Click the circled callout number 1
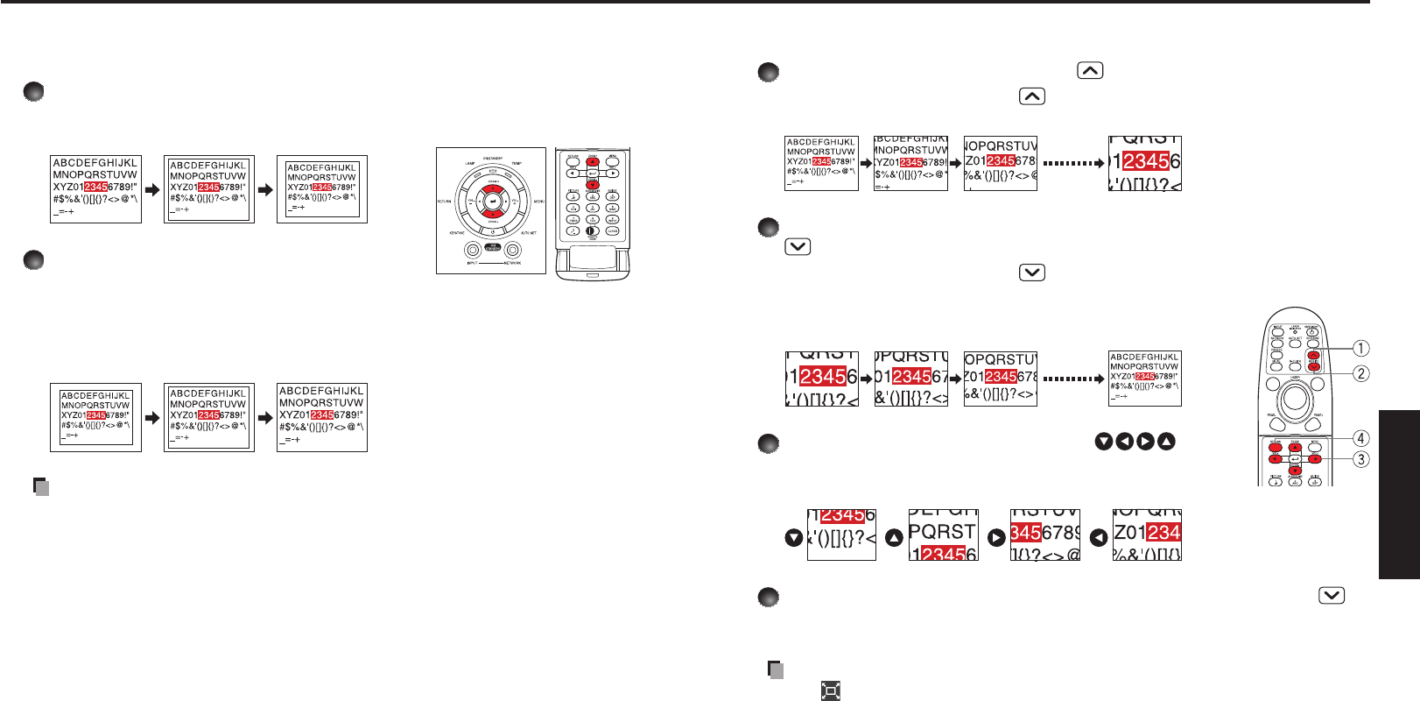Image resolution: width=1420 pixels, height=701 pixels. pyautogui.click(x=1360, y=348)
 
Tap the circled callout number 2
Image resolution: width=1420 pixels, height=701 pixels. pyautogui.click(x=1360, y=373)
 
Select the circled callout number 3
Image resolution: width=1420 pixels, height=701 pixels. pyautogui.click(x=1360, y=459)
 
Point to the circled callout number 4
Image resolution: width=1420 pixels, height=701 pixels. pyautogui.click(x=1360, y=438)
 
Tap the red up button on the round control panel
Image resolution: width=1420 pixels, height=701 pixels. pyautogui.click(x=492, y=188)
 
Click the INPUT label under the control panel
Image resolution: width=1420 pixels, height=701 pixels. pyautogui.click(x=473, y=263)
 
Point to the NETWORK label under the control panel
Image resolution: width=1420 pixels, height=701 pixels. pyautogui.click(x=511, y=263)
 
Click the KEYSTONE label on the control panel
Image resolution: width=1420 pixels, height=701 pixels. pyautogui.click(x=457, y=233)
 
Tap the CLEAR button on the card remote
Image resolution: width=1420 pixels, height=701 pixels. pyautogui.click(x=612, y=230)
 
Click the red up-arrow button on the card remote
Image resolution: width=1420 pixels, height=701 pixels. pyautogui.click(x=593, y=162)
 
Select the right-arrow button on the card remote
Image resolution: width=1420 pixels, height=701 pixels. pyautogui.click(x=613, y=173)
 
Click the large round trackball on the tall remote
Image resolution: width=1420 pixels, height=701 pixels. pyautogui.click(x=1295, y=400)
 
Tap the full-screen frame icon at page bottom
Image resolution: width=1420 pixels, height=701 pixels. pyautogui.click(x=831, y=691)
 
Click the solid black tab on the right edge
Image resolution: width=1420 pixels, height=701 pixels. pyautogui.click(x=1399, y=494)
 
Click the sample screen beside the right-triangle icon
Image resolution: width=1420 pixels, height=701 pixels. pyautogui.click(x=1045, y=535)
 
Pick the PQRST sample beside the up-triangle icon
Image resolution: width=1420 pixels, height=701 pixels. pyautogui.click(x=943, y=535)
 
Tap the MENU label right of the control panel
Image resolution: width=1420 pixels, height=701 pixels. pyautogui.click(x=538, y=202)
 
